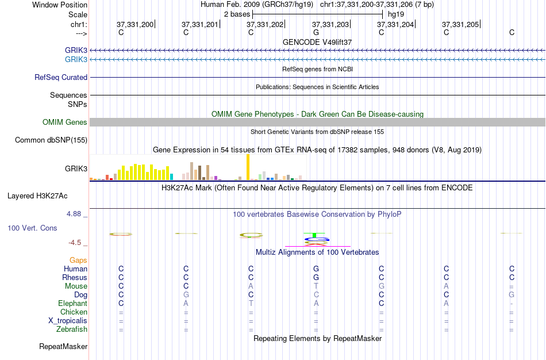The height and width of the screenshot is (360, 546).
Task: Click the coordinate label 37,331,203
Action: (x=330, y=25)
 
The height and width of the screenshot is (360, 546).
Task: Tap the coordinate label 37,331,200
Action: (x=135, y=25)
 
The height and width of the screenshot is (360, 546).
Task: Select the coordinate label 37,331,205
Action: (x=460, y=25)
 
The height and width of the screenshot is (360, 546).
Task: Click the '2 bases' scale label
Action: (x=237, y=14)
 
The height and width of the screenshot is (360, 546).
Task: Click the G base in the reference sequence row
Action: (x=316, y=32)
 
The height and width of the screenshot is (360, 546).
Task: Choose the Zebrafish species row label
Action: (x=72, y=330)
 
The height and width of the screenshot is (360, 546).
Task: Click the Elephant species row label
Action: (x=72, y=304)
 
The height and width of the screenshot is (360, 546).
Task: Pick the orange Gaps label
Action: (x=78, y=261)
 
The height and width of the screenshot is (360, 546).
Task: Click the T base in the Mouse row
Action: (x=316, y=286)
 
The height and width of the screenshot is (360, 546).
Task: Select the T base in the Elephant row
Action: (x=251, y=304)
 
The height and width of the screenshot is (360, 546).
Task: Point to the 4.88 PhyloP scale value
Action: (x=77, y=214)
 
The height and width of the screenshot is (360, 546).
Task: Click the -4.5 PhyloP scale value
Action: (x=78, y=243)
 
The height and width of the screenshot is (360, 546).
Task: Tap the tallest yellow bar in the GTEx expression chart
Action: (x=248, y=167)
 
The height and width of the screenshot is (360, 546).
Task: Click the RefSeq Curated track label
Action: (x=61, y=78)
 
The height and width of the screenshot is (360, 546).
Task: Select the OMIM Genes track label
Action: (x=65, y=122)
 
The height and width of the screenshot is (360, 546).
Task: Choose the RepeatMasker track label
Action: (x=63, y=347)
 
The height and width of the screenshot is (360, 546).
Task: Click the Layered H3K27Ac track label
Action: (x=37, y=196)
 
